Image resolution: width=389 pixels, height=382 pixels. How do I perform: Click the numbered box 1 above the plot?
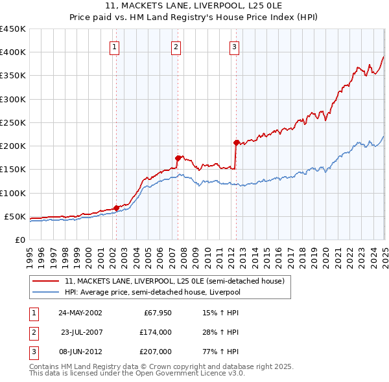(x=114, y=46)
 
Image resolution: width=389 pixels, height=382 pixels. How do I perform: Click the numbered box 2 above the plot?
(x=176, y=46)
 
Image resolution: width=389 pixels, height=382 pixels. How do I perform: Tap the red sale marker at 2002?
(x=117, y=208)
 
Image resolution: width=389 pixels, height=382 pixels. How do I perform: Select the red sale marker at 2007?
(x=178, y=157)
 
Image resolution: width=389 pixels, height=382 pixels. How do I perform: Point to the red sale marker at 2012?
(x=236, y=142)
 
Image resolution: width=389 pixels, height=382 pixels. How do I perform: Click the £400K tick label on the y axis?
(x=13, y=52)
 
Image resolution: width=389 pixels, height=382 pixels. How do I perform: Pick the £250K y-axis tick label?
(x=13, y=122)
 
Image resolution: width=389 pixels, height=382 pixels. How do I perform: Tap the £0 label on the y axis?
(x=19, y=240)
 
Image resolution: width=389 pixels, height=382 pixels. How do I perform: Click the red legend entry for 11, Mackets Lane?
(x=174, y=282)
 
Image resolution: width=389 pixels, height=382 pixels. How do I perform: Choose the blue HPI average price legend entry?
(x=152, y=293)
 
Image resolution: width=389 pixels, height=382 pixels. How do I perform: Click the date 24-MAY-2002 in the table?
(x=80, y=313)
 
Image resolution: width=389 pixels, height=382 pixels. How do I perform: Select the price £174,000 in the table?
(x=156, y=332)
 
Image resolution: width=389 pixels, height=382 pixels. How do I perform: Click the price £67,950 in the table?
(x=158, y=313)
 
